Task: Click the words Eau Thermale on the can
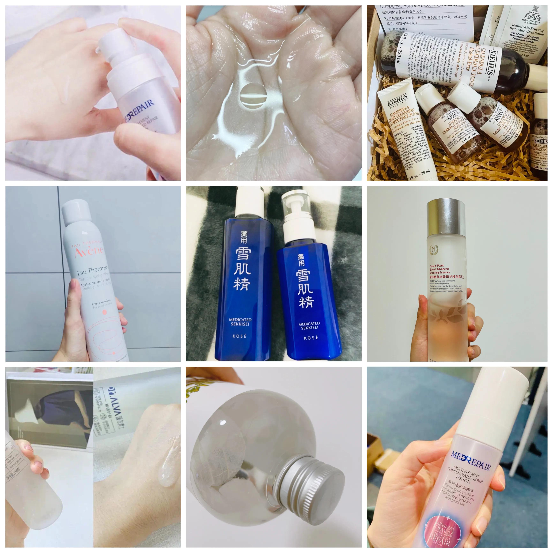92,270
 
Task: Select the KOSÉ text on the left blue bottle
239,336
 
